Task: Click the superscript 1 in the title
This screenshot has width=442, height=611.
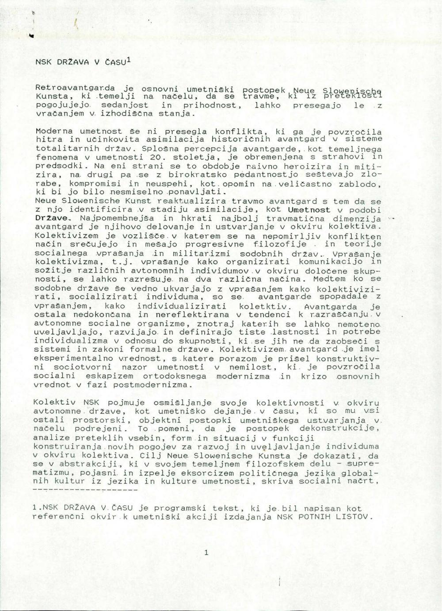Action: click(x=128, y=59)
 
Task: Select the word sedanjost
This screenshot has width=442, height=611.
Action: click(x=125, y=105)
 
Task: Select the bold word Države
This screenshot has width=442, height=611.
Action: click(x=52, y=218)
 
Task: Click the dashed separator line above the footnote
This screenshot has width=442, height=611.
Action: click(x=85, y=490)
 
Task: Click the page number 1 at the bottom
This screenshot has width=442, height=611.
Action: click(x=206, y=552)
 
